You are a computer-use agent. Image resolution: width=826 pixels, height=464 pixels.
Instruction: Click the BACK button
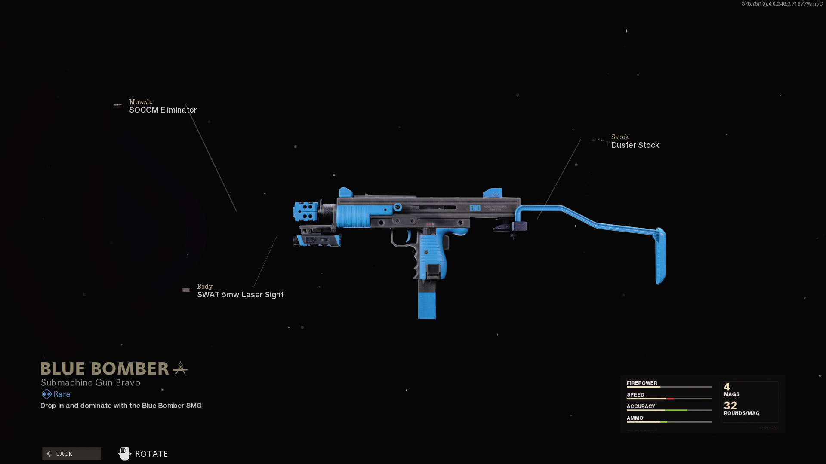(x=71, y=454)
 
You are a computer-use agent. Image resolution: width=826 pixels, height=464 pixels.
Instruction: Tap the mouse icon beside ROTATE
(x=124, y=454)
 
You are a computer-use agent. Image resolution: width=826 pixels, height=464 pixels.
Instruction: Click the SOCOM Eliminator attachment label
(x=163, y=110)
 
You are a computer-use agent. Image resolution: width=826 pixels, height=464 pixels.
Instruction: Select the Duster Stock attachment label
(x=635, y=145)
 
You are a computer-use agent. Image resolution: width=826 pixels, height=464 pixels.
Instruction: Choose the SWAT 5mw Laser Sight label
(x=240, y=295)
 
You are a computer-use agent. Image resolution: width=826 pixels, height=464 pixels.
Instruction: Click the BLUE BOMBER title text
(x=105, y=369)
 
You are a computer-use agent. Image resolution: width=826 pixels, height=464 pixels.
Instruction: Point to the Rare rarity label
(x=62, y=394)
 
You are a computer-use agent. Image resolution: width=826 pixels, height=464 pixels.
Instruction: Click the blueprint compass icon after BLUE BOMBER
(x=180, y=369)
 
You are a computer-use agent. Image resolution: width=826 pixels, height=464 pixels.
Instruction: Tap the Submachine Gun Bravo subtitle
(x=90, y=382)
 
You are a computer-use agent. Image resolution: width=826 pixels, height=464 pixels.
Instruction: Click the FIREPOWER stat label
(x=642, y=383)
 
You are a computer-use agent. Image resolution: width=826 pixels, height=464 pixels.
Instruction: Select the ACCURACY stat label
(x=641, y=406)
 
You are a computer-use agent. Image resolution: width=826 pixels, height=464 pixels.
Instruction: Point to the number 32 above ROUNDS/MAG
(x=730, y=405)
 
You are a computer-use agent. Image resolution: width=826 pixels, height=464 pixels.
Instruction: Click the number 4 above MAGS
(x=727, y=387)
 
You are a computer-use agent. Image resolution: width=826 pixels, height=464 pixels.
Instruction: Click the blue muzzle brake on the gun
(x=305, y=211)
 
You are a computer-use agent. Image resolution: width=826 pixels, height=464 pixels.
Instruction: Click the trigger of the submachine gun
(x=407, y=235)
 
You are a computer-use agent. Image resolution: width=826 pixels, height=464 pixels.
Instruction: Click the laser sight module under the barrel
(x=317, y=239)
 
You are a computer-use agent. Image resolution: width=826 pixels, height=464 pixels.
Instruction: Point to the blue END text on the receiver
(x=475, y=208)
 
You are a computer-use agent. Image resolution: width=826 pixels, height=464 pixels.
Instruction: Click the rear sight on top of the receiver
(x=493, y=192)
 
